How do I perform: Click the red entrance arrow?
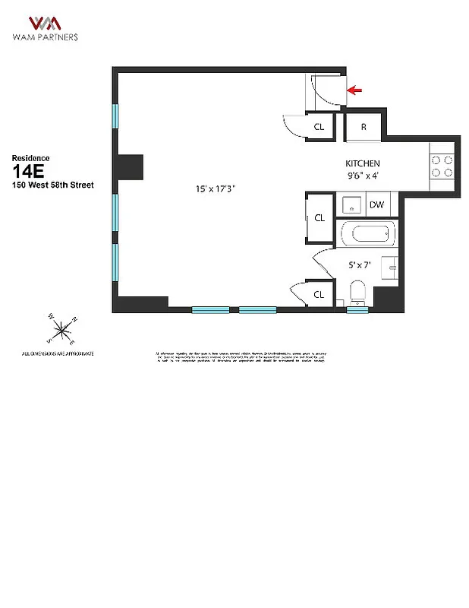(x=354, y=90)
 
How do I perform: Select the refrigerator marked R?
(x=364, y=127)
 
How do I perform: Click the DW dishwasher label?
(x=376, y=204)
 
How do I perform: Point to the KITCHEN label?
(x=363, y=163)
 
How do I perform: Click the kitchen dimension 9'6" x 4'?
(x=363, y=176)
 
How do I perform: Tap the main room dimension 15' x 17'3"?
(x=216, y=189)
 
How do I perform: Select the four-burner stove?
(x=442, y=166)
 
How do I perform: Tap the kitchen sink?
(x=351, y=204)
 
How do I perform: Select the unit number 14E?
(x=28, y=170)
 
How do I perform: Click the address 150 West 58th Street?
(x=53, y=185)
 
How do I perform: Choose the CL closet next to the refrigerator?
(x=319, y=127)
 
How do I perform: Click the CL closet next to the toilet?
(x=319, y=294)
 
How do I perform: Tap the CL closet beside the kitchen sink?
(x=319, y=217)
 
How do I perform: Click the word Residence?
(x=30, y=157)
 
